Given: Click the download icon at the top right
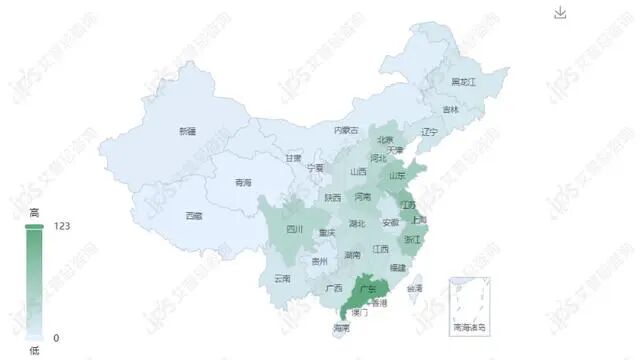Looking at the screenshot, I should tap(560, 12).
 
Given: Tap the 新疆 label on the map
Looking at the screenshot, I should tap(187, 131).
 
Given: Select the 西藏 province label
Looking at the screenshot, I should tap(194, 215).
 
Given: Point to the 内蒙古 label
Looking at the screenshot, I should tap(346, 129).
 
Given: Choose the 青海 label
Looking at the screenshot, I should tap(243, 182).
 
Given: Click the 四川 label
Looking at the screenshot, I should tap(294, 228).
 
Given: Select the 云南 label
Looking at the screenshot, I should tap(282, 277).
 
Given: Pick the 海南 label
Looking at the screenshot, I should tap(342, 327).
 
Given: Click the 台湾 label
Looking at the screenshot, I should tap(415, 288).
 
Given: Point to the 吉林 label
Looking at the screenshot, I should tap(451, 110).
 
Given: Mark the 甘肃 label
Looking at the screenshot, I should tap(293, 158).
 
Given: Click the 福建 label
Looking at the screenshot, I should tap(398, 267).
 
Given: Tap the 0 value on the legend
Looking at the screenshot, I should tap(56, 337).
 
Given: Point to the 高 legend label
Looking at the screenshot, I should tap(34, 212).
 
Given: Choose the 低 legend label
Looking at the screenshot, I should tap(34, 349).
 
